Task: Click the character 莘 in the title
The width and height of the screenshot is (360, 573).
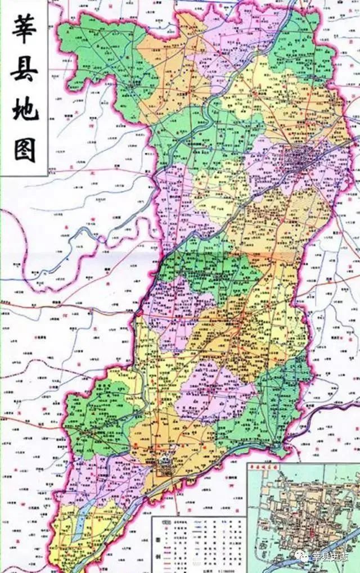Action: (x=25, y=28)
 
